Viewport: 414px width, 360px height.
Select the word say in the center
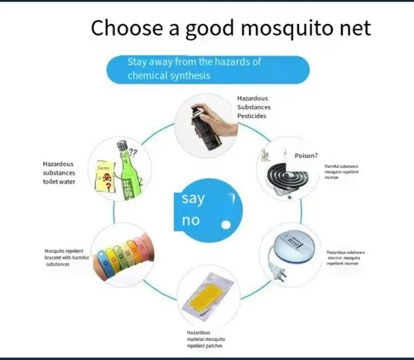pos(194,199)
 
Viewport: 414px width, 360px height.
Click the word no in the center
pos(190,222)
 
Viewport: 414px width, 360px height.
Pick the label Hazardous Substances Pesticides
pos(253,107)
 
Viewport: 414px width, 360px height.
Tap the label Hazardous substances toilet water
pos(59,172)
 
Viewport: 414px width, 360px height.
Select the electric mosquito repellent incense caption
pos(345,257)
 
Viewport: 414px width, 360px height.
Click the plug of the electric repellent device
pos(272,270)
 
